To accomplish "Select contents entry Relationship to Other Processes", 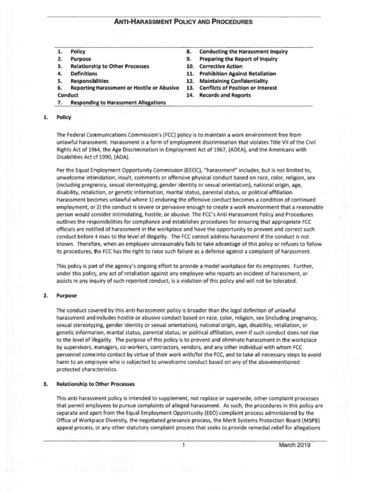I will point(110,66).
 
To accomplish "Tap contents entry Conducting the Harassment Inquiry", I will point(243,51).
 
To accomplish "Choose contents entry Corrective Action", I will point(221,66).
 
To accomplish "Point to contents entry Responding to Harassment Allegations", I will point(118,102).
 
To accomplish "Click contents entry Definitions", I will point(84,74).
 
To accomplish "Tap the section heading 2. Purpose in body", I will point(67,296).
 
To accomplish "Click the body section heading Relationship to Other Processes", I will point(95,384).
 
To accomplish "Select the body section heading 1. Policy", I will point(63,117).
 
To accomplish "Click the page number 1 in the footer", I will point(184,445).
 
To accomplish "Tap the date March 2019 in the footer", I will point(295,445).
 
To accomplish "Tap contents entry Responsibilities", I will point(89,81).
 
